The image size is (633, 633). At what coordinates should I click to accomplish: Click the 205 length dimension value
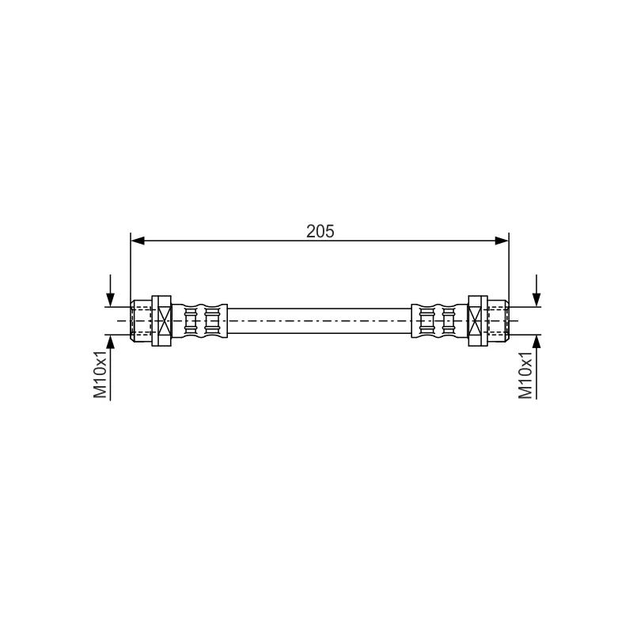(320, 231)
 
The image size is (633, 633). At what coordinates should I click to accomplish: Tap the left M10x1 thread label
(100, 374)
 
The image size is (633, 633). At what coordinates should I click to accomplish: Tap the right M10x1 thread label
(525, 375)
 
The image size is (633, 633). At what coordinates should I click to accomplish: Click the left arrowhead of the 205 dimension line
(138, 241)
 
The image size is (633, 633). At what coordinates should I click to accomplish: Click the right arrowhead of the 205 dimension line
(502, 241)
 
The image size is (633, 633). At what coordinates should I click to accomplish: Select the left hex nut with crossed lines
(161, 321)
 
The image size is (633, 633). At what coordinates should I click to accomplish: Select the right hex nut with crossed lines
(478, 321)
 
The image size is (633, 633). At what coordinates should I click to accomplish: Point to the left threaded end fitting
(142, 321)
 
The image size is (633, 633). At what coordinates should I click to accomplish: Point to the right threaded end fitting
(498, 321)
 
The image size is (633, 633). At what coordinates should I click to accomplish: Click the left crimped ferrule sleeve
(199, 321)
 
